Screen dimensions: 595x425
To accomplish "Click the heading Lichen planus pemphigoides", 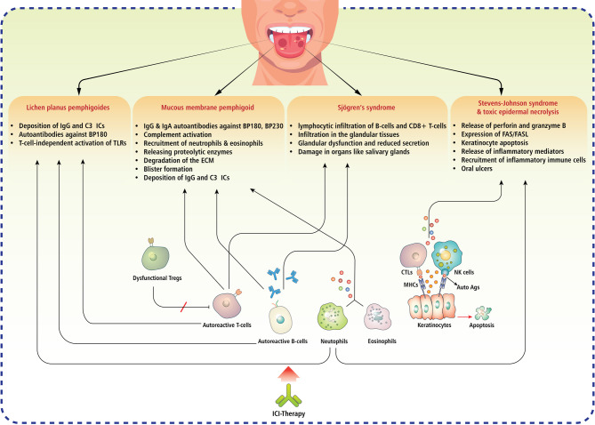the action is [x=68, y=108].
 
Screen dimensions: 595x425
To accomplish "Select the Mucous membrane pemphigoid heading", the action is [x=207, y=108].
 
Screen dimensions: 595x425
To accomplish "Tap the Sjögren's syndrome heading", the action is [x=366, y=108].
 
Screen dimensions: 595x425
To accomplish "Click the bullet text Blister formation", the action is [x=168, y=169].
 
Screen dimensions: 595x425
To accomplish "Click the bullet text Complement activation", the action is [x=177, y=134].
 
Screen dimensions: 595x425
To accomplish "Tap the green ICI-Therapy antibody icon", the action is [x=289, y=395].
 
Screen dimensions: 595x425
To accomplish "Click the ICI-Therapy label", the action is [x=289, y=413].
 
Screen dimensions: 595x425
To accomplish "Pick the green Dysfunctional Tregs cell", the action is [x=155, y=257].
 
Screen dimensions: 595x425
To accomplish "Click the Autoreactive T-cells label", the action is [x=227, y=325].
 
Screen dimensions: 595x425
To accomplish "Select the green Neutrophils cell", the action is [x=332, y=317].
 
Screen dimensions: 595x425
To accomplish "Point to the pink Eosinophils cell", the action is [x=377, y=317].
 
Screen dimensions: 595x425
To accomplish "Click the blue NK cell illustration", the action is [x=446, y=257].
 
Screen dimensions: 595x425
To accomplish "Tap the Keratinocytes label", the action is [x=434, y=325].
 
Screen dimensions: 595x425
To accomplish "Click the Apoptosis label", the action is [x=481, y=325].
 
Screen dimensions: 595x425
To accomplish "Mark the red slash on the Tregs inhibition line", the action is [x=184, y=307].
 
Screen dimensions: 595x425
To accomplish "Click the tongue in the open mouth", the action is [x=290, y=44].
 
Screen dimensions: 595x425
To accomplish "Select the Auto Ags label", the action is [x=468, y=287].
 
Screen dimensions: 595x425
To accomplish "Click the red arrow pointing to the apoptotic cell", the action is [x=464, y=317].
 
